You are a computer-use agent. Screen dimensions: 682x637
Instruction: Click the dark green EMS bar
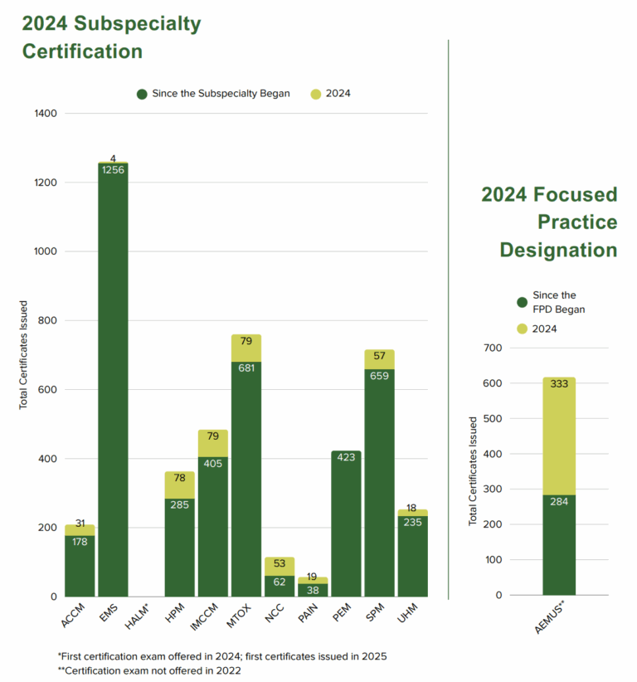113,382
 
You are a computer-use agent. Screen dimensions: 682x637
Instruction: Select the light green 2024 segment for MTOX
246,348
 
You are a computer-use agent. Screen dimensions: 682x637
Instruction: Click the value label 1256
113,170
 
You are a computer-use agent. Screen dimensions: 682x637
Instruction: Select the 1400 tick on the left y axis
46,113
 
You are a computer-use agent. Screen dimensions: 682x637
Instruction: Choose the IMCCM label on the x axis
210,620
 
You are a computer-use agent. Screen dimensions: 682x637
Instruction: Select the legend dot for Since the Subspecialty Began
142,94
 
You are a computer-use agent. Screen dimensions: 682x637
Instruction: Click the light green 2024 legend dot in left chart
316,94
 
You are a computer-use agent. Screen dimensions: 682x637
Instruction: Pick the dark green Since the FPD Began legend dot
522,302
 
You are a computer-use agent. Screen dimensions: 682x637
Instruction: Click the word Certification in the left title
82,51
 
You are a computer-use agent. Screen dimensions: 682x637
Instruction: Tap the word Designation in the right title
557,250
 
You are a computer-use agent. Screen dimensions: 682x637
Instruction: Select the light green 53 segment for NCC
280,565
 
